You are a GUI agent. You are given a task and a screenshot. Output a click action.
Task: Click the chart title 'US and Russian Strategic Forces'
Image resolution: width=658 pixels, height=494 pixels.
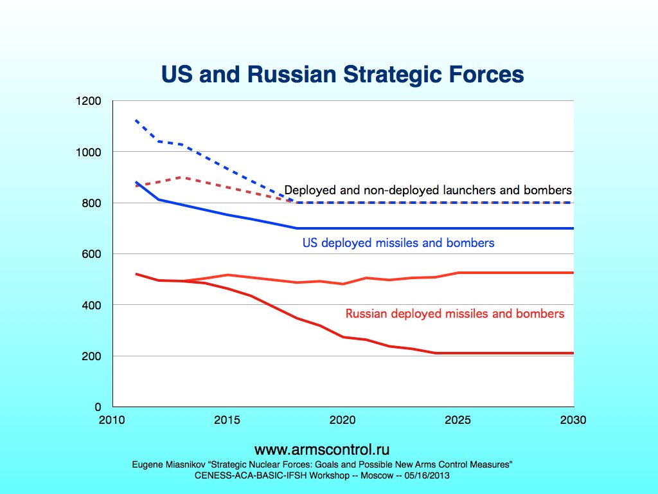[342, 75]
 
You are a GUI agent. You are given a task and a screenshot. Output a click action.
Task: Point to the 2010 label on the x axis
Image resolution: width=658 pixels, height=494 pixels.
[112, 420]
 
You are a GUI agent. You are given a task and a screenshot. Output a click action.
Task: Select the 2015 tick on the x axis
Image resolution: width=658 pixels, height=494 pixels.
[227, 420]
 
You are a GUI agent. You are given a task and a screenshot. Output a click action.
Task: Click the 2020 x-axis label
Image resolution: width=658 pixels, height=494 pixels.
[342, 420]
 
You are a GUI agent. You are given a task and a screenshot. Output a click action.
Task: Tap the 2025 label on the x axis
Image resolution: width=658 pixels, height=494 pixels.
[458, 420]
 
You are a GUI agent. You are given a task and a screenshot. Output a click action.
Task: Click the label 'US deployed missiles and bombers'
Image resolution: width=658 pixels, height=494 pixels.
[398, 243]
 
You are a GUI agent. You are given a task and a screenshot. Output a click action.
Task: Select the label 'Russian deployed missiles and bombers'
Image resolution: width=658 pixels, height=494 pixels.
[455, 314]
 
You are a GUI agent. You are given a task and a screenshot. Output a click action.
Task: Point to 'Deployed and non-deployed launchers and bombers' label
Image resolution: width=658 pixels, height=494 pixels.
[428, 190]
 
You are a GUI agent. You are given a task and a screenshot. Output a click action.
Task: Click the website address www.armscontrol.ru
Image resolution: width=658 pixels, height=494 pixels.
[322, 449]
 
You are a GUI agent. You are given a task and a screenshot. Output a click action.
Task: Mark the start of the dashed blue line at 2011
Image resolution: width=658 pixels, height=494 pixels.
[136, 120]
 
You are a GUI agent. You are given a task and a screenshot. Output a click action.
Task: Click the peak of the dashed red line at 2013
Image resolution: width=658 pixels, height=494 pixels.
[182, 177]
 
